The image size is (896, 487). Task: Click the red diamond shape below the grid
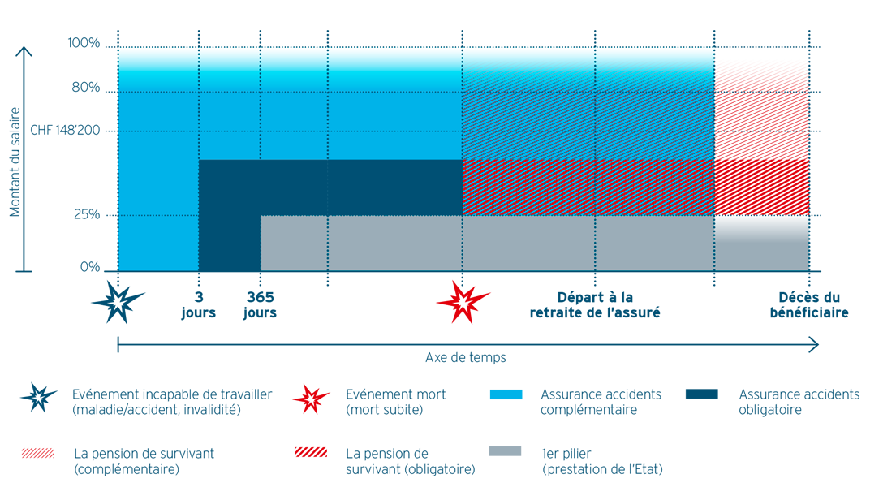pyautogui.click(x=459, y=305)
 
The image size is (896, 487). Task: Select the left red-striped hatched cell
pyautogui.click(x=528, y=187)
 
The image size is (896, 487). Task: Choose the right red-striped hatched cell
pyautogui.click(x=654, y=187)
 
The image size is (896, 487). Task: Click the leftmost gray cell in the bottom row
pyautogui.click(x=294, y=243)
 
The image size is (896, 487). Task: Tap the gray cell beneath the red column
pyautogui.click(x=761, y=243)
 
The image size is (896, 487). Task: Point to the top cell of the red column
pyautogui.click(x=761, y=73)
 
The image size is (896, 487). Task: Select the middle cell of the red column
pyautogui.click(x=761, y=111)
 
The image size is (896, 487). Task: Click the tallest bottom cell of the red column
pyautogui.click(x=761, y=172)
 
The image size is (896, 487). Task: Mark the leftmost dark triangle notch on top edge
pyautogui.click(x=199, y=37)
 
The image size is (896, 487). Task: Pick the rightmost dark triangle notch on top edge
pyautogui.click(x=595, y=37)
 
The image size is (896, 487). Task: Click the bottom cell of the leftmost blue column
pyautogui.click(x=158, y=243)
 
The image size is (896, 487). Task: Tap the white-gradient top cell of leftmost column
pyautogui.click(x=158, y=69)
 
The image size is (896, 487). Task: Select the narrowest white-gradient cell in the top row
pyautogui.click(x=230, y=69)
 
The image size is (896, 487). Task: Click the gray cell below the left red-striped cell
pyautogui.click(x=528, y=243)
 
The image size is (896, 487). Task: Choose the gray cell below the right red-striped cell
pyautogui.click(x=654, y=243)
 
